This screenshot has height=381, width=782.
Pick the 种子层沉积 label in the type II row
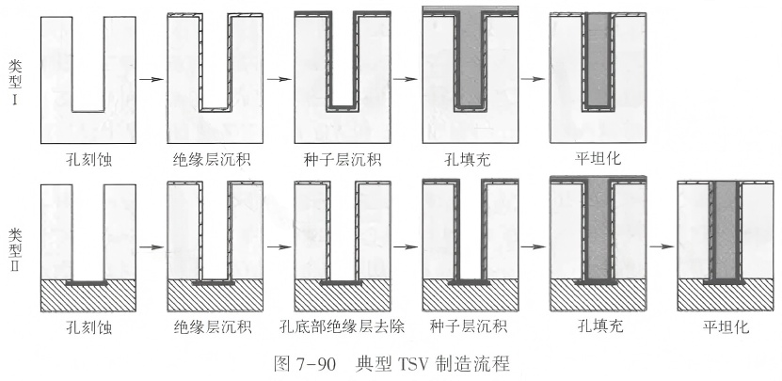click(469, 327)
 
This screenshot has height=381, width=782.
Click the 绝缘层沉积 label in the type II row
click(214, 327)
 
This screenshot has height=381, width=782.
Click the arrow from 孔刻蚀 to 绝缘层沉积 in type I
click(152, 78)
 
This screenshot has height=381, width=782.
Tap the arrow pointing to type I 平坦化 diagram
click(532, 78)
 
